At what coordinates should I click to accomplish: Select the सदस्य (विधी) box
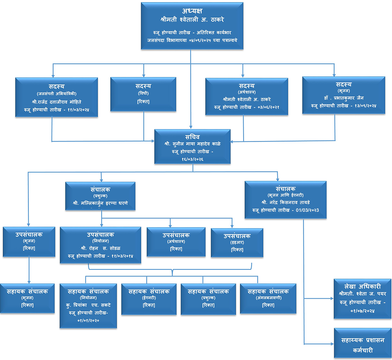tap(143, 94)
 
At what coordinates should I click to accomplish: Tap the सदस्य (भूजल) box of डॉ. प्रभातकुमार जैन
tap(344, 95)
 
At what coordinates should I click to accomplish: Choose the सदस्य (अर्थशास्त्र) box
tap(247, 96)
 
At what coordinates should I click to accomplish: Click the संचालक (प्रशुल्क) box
tap(100, 196)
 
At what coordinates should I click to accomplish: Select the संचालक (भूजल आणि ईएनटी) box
tap(285, 200)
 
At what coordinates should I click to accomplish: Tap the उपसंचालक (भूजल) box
tap(29, 241)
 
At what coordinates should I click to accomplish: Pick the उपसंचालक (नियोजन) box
tap(100, 245)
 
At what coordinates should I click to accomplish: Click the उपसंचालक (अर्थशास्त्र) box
tap(176, 242)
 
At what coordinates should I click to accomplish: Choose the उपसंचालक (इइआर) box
tap(237, 242)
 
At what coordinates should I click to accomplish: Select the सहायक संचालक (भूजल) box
tap(27, 298)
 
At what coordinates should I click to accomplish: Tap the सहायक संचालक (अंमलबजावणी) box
tap(268, 298)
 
